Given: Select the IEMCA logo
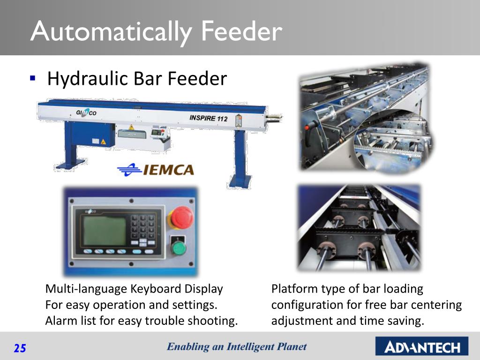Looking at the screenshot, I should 156,169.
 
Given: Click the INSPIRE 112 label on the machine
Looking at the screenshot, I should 209,118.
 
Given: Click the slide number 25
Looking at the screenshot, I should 20,348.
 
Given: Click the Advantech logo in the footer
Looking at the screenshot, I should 422,347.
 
